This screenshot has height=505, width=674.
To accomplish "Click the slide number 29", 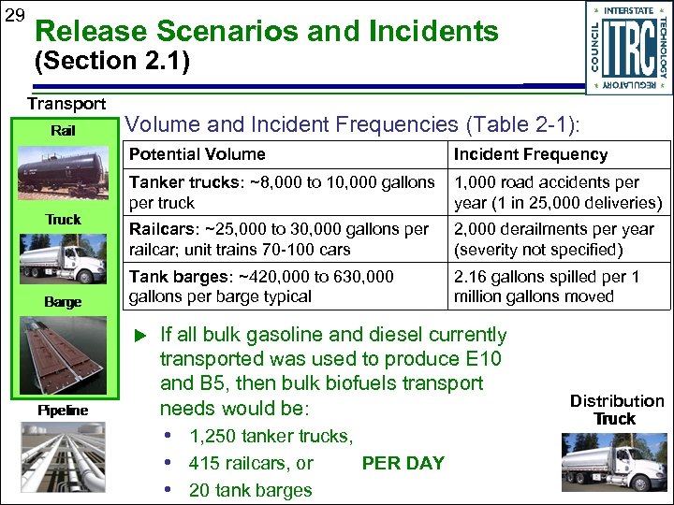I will tap(14, 17).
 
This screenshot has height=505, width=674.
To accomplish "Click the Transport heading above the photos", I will tap(66, 104).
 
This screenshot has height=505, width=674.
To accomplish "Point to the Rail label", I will tap(63, 131).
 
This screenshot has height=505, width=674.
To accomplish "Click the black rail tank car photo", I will tap(64, 175).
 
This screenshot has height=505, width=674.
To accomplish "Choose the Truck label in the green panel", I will tap(63, 219).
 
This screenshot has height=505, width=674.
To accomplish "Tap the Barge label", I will tap(63, 302).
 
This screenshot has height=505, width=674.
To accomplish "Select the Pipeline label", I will tap(63, 410).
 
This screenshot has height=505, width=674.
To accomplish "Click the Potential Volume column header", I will tap(198, 154).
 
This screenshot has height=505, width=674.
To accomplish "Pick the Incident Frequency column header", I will tap(531, 154).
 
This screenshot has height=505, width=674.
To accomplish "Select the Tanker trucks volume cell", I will tap(283, 192).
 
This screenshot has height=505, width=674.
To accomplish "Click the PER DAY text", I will tap(403, 463).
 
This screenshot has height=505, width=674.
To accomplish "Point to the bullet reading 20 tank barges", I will tap(250, 490).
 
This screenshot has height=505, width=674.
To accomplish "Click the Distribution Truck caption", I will tap(616, 410).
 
